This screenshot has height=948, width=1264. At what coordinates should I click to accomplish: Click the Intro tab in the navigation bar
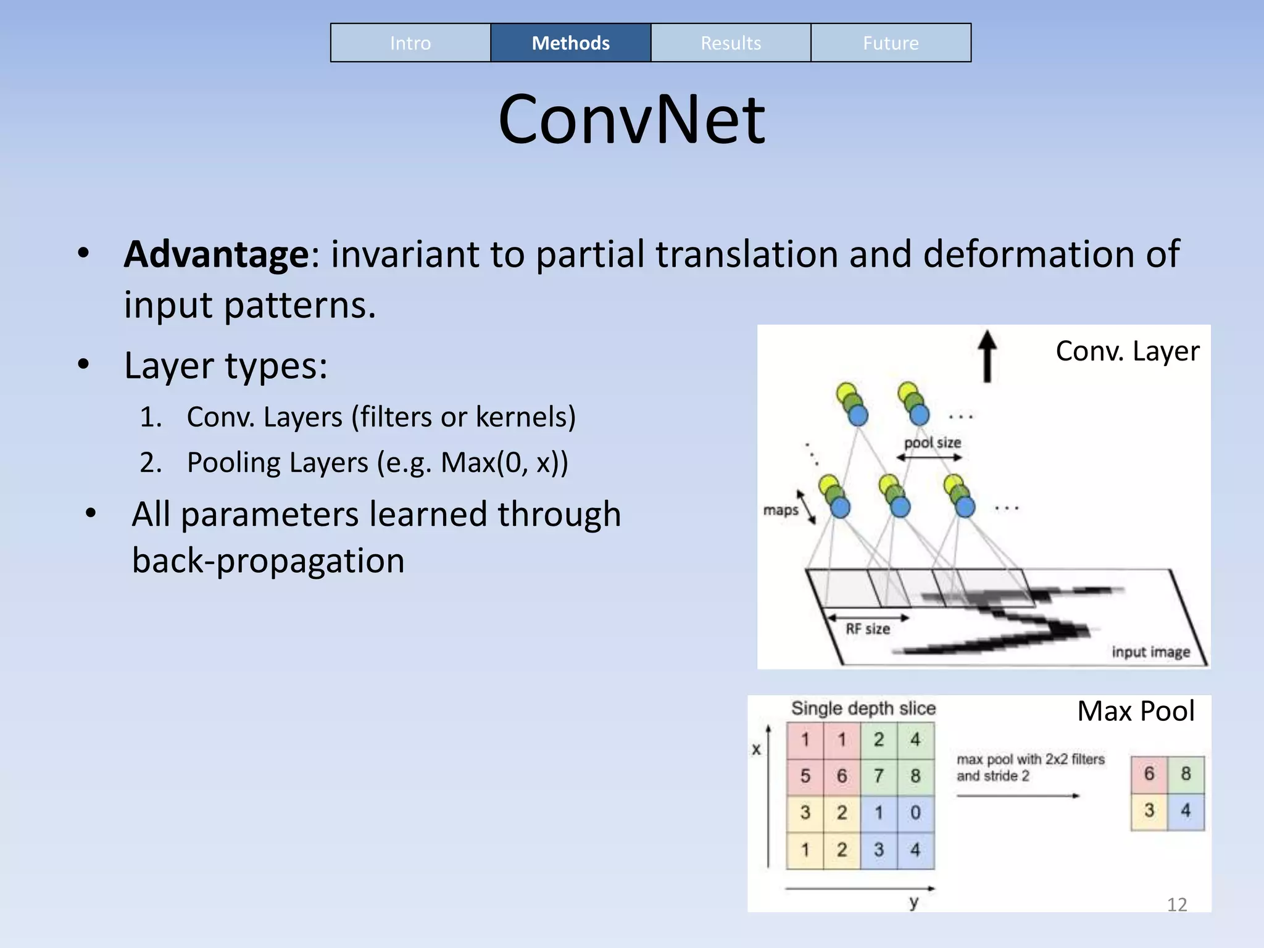[x=410, y=43]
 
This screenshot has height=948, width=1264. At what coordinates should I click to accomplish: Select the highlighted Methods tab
[x=570, y=43]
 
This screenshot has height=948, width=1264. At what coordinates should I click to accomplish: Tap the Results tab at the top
[x=731, y=43]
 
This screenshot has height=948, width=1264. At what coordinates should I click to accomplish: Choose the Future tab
[x=891, y=43]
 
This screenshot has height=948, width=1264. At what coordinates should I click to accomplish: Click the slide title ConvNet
[x=631, y=119]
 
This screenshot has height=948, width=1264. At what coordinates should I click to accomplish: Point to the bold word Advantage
[x=216, y=254]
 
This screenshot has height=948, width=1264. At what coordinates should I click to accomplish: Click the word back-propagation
[x=268, y=560]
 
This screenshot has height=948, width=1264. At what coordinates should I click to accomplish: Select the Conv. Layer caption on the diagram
[x=1127, y=351]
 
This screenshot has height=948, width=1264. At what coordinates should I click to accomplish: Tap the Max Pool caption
[x=1136, y=711]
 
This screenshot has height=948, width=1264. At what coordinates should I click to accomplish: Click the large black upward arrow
[x=987, y=356]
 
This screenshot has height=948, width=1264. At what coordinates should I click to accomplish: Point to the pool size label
[x=932, y=443]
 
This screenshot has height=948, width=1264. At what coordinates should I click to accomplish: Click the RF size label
[x=867, y=629]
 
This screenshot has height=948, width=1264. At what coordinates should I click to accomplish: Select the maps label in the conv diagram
[x=781, y=510]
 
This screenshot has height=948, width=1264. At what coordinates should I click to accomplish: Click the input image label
[x=1150, y=652]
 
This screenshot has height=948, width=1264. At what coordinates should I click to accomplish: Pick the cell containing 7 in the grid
[x=879, y=776]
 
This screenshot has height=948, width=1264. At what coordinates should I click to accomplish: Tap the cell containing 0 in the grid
[x=915, y=812]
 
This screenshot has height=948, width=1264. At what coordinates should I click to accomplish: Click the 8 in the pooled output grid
[x=1186, y=774]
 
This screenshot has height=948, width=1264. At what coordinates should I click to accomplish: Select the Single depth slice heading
[x=863, y=709]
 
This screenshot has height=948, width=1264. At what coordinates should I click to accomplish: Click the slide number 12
[x=1176, y=905]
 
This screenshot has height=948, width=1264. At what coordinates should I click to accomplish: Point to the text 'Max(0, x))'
[x=504, y=462]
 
